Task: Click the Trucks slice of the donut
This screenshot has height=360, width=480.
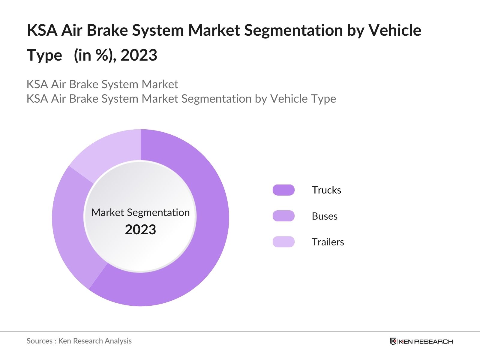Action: [207, 240]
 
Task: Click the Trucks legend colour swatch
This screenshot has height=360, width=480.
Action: [283, 190]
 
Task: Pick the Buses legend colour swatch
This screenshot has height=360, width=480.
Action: [283, 216]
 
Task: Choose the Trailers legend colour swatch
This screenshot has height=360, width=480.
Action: [283, 242]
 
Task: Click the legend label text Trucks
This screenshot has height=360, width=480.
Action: [326, 190]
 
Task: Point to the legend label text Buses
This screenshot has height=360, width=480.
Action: [325, 216]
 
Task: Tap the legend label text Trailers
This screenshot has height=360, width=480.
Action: [328, 242]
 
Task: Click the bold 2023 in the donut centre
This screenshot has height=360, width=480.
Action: [140, 230]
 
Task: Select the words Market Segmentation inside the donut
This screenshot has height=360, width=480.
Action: [140, 212]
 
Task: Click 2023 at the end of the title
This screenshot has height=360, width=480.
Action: [139, 55]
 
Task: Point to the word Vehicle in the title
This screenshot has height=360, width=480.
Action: [395, 30]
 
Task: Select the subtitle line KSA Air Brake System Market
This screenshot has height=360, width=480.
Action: [102, 84]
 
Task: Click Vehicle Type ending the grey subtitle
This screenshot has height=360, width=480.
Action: [303, 99]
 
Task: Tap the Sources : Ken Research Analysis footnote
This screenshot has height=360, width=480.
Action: [79, 341]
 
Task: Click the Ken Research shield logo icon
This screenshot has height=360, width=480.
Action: [393, 341]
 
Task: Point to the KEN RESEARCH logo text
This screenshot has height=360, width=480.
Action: [425, 341]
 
